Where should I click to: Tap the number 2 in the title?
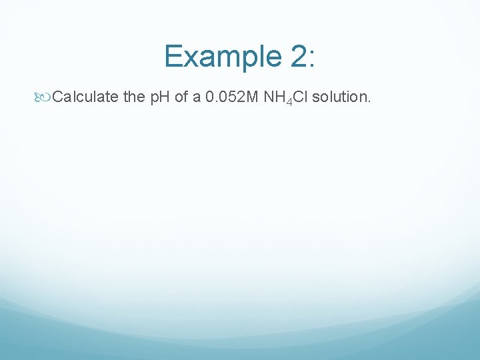(x=299, y=56)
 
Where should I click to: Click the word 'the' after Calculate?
(x=134, y=97)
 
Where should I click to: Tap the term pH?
(x=159, y=97)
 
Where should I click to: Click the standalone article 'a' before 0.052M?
(x=198, y=97)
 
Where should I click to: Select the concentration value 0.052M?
(x=232, y=97)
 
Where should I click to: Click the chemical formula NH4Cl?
(x=286, y=98)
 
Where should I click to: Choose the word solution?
(x=339, y=97)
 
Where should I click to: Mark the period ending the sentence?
(x=368, y=102)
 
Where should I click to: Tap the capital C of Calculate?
(x=58, y=97)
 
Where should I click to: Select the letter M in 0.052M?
(x=253, y=97)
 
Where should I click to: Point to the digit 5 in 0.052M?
(x=230, y=97)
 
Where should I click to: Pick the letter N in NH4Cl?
(x=269, y=97)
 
